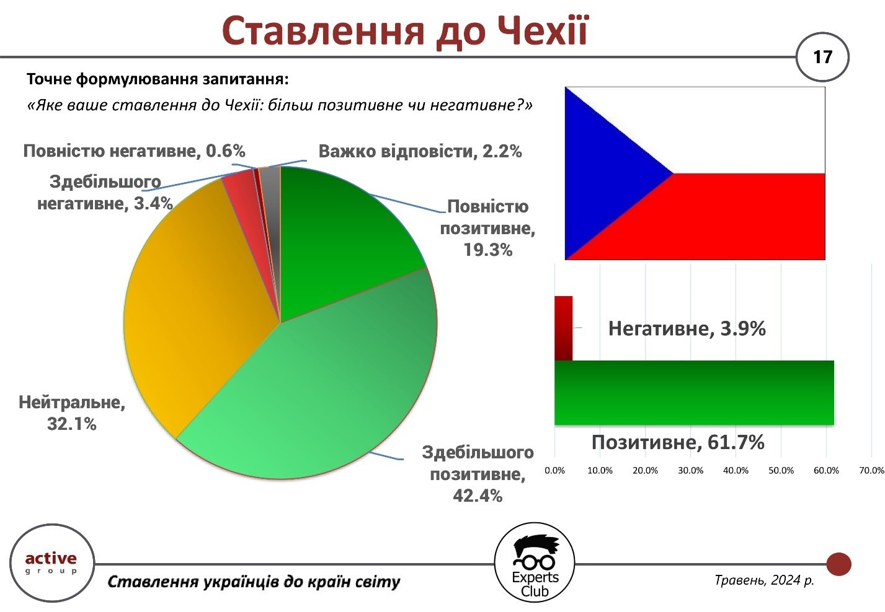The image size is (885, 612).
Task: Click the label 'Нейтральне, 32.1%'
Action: [72, 413]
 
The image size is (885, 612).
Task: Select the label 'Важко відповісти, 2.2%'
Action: [420, 151]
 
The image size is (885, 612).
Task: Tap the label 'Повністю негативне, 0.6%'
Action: [135, 151]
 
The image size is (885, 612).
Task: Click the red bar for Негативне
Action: [563, 328]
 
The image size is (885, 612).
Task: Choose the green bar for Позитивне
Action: [694, 393]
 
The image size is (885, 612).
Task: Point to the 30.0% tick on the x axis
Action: [691, 470]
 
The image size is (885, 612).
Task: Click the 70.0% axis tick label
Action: [871, 470]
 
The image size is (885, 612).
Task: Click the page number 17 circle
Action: [822, 57]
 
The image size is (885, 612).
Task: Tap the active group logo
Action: [52, 563]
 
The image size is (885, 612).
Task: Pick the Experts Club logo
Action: [535, 563]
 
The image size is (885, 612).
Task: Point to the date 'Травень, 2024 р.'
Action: [765, 580]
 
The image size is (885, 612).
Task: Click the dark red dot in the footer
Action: [838, 564]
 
